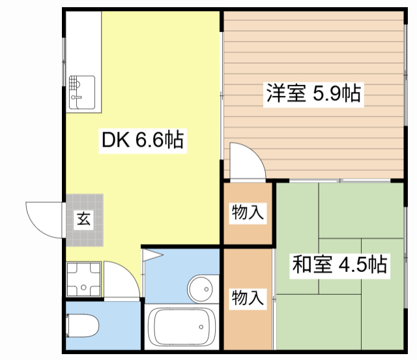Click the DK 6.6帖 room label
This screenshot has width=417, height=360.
tap(143, 140)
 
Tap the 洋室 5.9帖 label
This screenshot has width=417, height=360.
tap(313, 93)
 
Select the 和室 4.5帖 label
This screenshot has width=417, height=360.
tap(339, 264)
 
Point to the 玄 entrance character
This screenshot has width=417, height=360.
tap(84, 218)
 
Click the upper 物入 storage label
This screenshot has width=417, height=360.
tap(248, 212)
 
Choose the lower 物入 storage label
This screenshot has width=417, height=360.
tap(248, 298)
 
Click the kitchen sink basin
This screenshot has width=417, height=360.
tap(82, 93)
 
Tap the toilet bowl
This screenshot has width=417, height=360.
tap(83, 325)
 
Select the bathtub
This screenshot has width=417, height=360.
tap(182, 327)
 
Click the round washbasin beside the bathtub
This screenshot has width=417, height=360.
tap(201, 289)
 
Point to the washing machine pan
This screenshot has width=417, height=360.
tap(83, 279)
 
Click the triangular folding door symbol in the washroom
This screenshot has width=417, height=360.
tap(153, 255)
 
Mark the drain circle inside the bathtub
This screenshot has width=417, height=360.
tap(201, 327)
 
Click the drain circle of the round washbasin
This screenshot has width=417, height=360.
tap(207, 289)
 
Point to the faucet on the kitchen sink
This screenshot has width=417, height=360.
tap(76, 97)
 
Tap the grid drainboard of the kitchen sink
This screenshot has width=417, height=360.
tap(74, 83)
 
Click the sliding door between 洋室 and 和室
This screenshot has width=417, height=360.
tap(340, 181)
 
